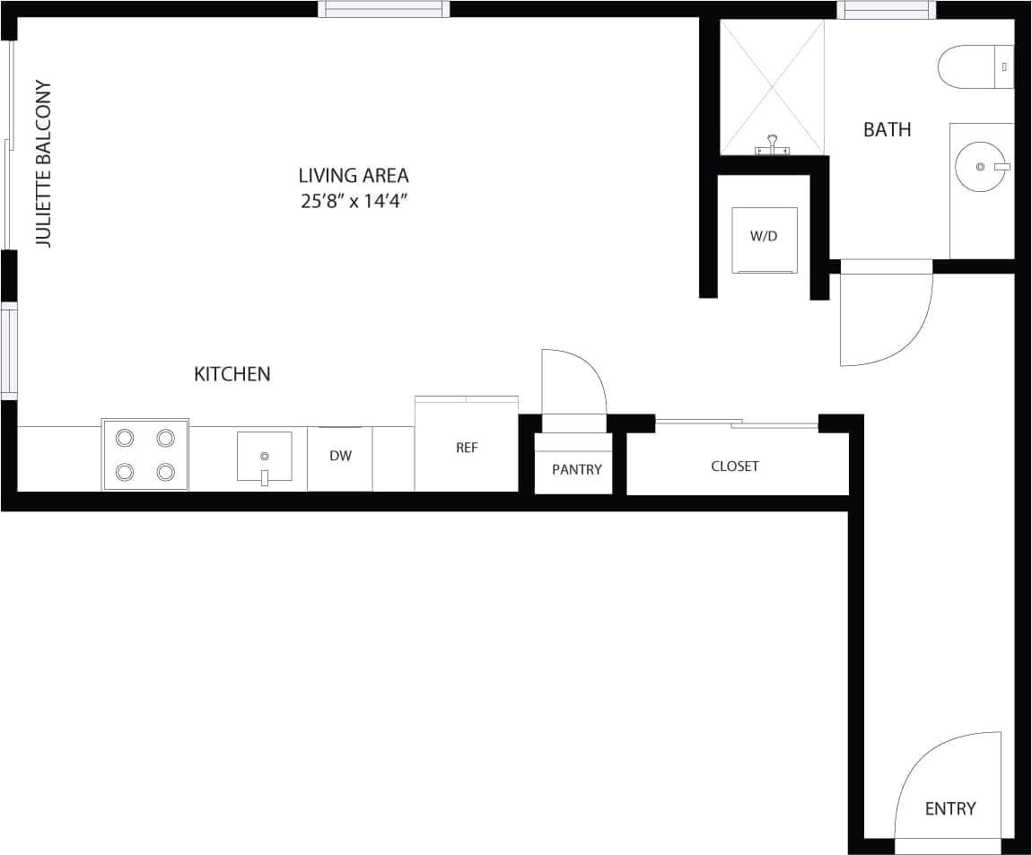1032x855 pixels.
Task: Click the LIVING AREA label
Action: coord(354,176)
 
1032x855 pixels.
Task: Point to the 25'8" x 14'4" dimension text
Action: coord(354,202)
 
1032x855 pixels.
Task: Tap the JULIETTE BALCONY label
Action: coord(43,164)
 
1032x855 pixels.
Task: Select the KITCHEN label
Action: coord(232,374)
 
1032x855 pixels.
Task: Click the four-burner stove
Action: coord(145,455)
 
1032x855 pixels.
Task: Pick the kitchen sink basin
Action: coord(265,456)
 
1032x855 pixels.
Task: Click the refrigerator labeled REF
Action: coord(467,448)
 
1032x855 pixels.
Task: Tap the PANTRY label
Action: coord(576,469)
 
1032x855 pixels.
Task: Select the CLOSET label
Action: coord(735,467)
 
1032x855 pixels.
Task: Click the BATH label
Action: coord(887,130)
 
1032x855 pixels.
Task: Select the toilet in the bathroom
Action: coord(974,67)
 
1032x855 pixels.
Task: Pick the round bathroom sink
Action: coord(981,167)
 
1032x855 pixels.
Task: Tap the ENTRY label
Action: coord(950,808)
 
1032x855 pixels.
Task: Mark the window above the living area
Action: coord(384,9)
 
